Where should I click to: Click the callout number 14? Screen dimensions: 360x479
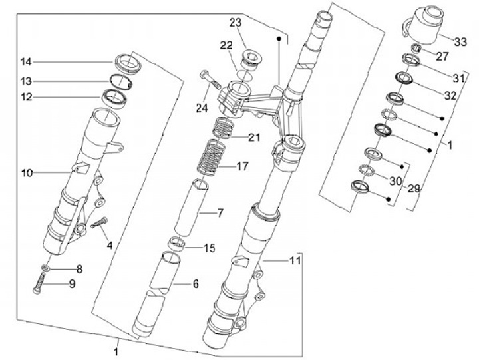pos(26,62)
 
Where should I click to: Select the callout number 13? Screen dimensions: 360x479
pos(26,81)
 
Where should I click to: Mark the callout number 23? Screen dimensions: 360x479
pos(236,23)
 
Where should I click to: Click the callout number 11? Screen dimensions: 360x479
pos(293,261)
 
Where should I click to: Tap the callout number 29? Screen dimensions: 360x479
pos(414,189)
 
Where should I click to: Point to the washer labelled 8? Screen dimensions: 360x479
pos(45,268)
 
